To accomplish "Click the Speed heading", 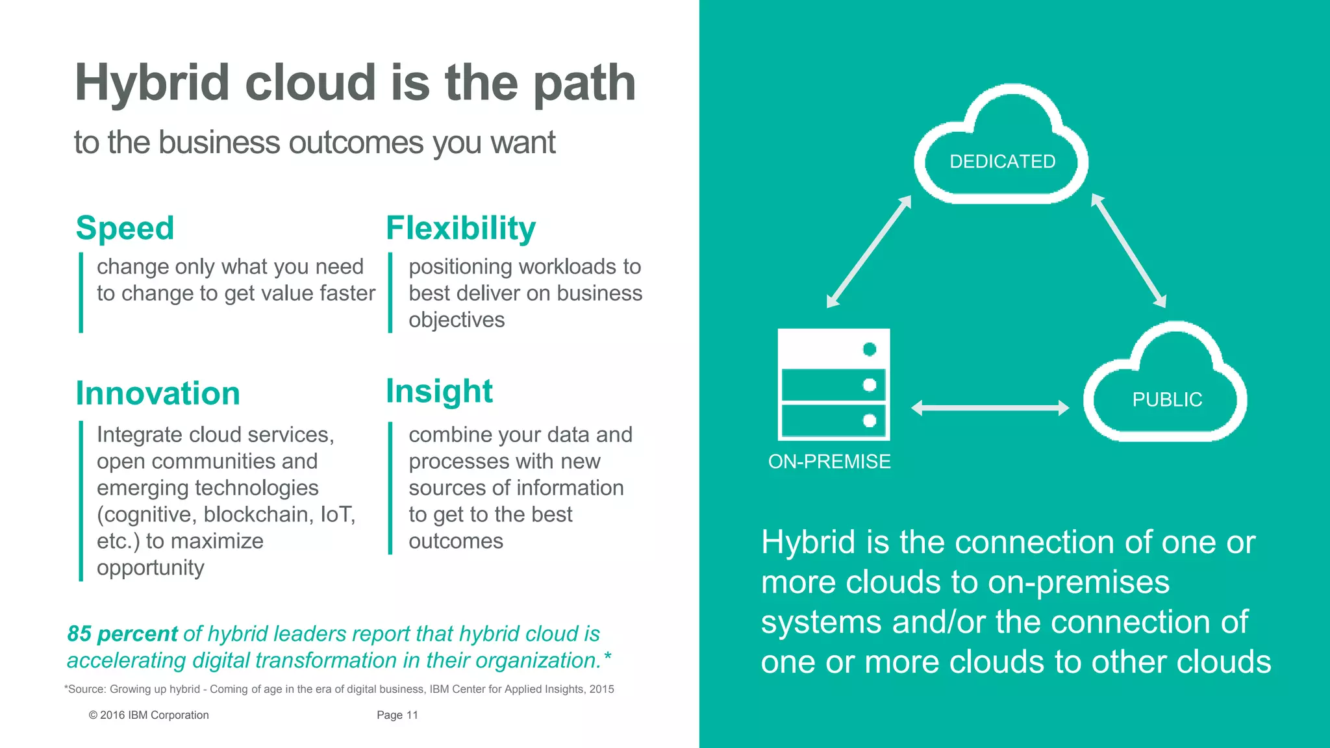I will click(125, 229).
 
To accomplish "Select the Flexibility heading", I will click(460, 229).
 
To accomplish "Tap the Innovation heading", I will click(158, 393).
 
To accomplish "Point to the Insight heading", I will click(439, 392).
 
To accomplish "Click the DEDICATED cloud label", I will click(1002, 162).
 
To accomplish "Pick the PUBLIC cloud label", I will click(1167, 400).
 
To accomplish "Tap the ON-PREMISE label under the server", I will click(829, 462).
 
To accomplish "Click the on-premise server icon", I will click(834, 384).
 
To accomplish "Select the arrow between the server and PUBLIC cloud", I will click(990, 408).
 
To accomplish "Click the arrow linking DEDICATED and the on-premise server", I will click(869, 251).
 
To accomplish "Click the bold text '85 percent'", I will click(122, 634).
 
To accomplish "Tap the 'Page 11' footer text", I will click(397, 715).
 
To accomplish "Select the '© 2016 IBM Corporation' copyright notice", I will click(149, 715).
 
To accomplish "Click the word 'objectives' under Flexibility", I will click(457, 320).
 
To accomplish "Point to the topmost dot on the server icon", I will click(870, 349).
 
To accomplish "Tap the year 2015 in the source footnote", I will click(601, 689).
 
